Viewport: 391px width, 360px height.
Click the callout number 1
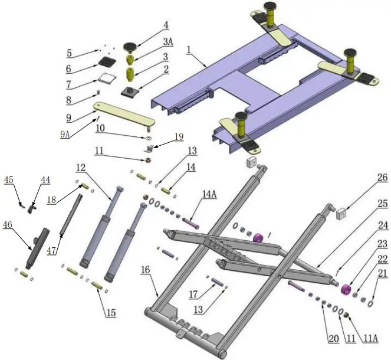189,51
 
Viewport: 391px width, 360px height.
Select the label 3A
167,41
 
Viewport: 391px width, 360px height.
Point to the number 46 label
8,225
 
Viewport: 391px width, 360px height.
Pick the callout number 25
382,204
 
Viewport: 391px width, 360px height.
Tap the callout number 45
8,180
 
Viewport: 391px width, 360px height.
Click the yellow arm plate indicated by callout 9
124,112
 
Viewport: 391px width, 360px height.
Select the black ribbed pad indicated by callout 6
107,62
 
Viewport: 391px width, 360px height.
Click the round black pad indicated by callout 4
130,46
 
